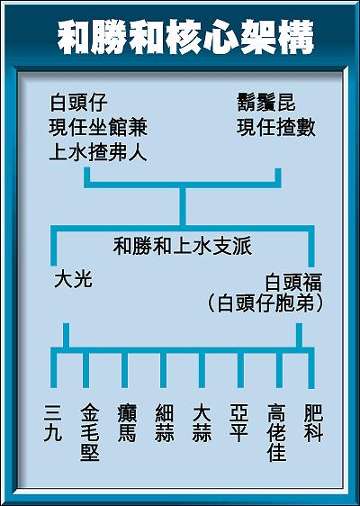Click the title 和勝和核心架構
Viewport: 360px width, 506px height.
coord(185,37)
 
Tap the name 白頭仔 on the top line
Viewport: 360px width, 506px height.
coord(78,103)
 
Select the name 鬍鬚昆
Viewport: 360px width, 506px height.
coord(265,103)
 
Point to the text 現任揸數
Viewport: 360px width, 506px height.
coord(275,128)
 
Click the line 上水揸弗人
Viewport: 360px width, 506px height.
coord(98,152)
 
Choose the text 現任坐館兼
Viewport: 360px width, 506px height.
coord(98,128)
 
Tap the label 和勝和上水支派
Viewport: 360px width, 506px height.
coord(183,246)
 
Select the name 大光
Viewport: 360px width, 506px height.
coord(73,279)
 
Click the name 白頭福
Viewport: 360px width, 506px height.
coord(293,283)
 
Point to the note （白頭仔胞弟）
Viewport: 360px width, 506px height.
coord(265,303)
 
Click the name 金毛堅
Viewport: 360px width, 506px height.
coord(90,432)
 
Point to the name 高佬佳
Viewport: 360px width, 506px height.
coord(276,432)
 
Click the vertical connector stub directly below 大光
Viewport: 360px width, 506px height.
coord(66,336)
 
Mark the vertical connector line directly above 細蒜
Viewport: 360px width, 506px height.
coord(163,370)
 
